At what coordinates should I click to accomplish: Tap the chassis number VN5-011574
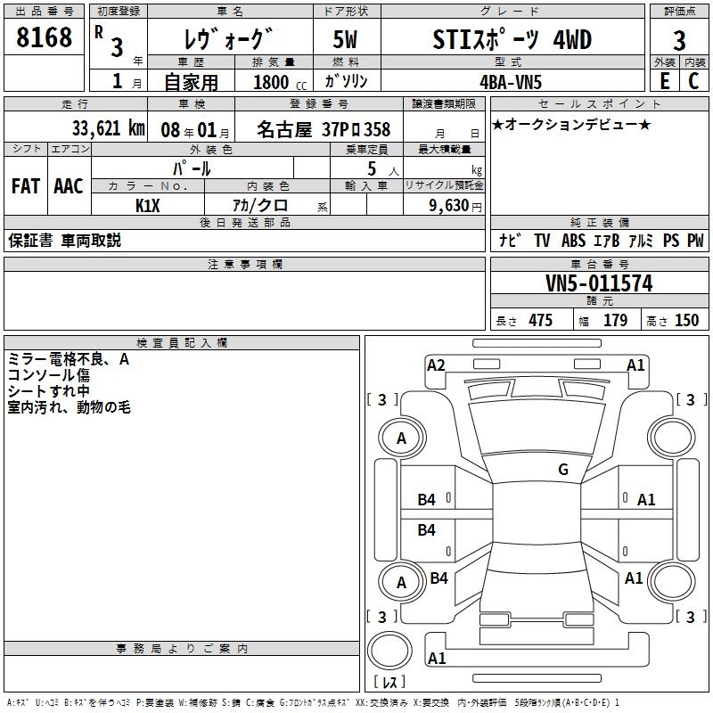[x=598, y=284]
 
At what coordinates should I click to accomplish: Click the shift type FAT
[x=25, y=186]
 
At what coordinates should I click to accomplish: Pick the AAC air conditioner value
[x=68, y=186]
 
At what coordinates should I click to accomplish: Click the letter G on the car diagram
[x=563, y=470]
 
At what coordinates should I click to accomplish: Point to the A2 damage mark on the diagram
[x=436, y=365]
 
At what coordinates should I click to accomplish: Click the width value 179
[x=615, y=321]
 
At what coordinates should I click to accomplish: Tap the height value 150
[x=686, y=321]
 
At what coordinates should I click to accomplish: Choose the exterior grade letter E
[x=664, y=80]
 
